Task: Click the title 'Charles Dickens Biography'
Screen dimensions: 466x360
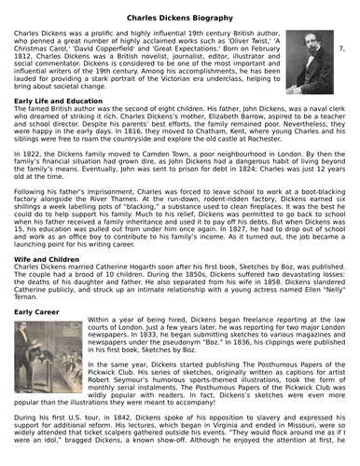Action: pos(179,15)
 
